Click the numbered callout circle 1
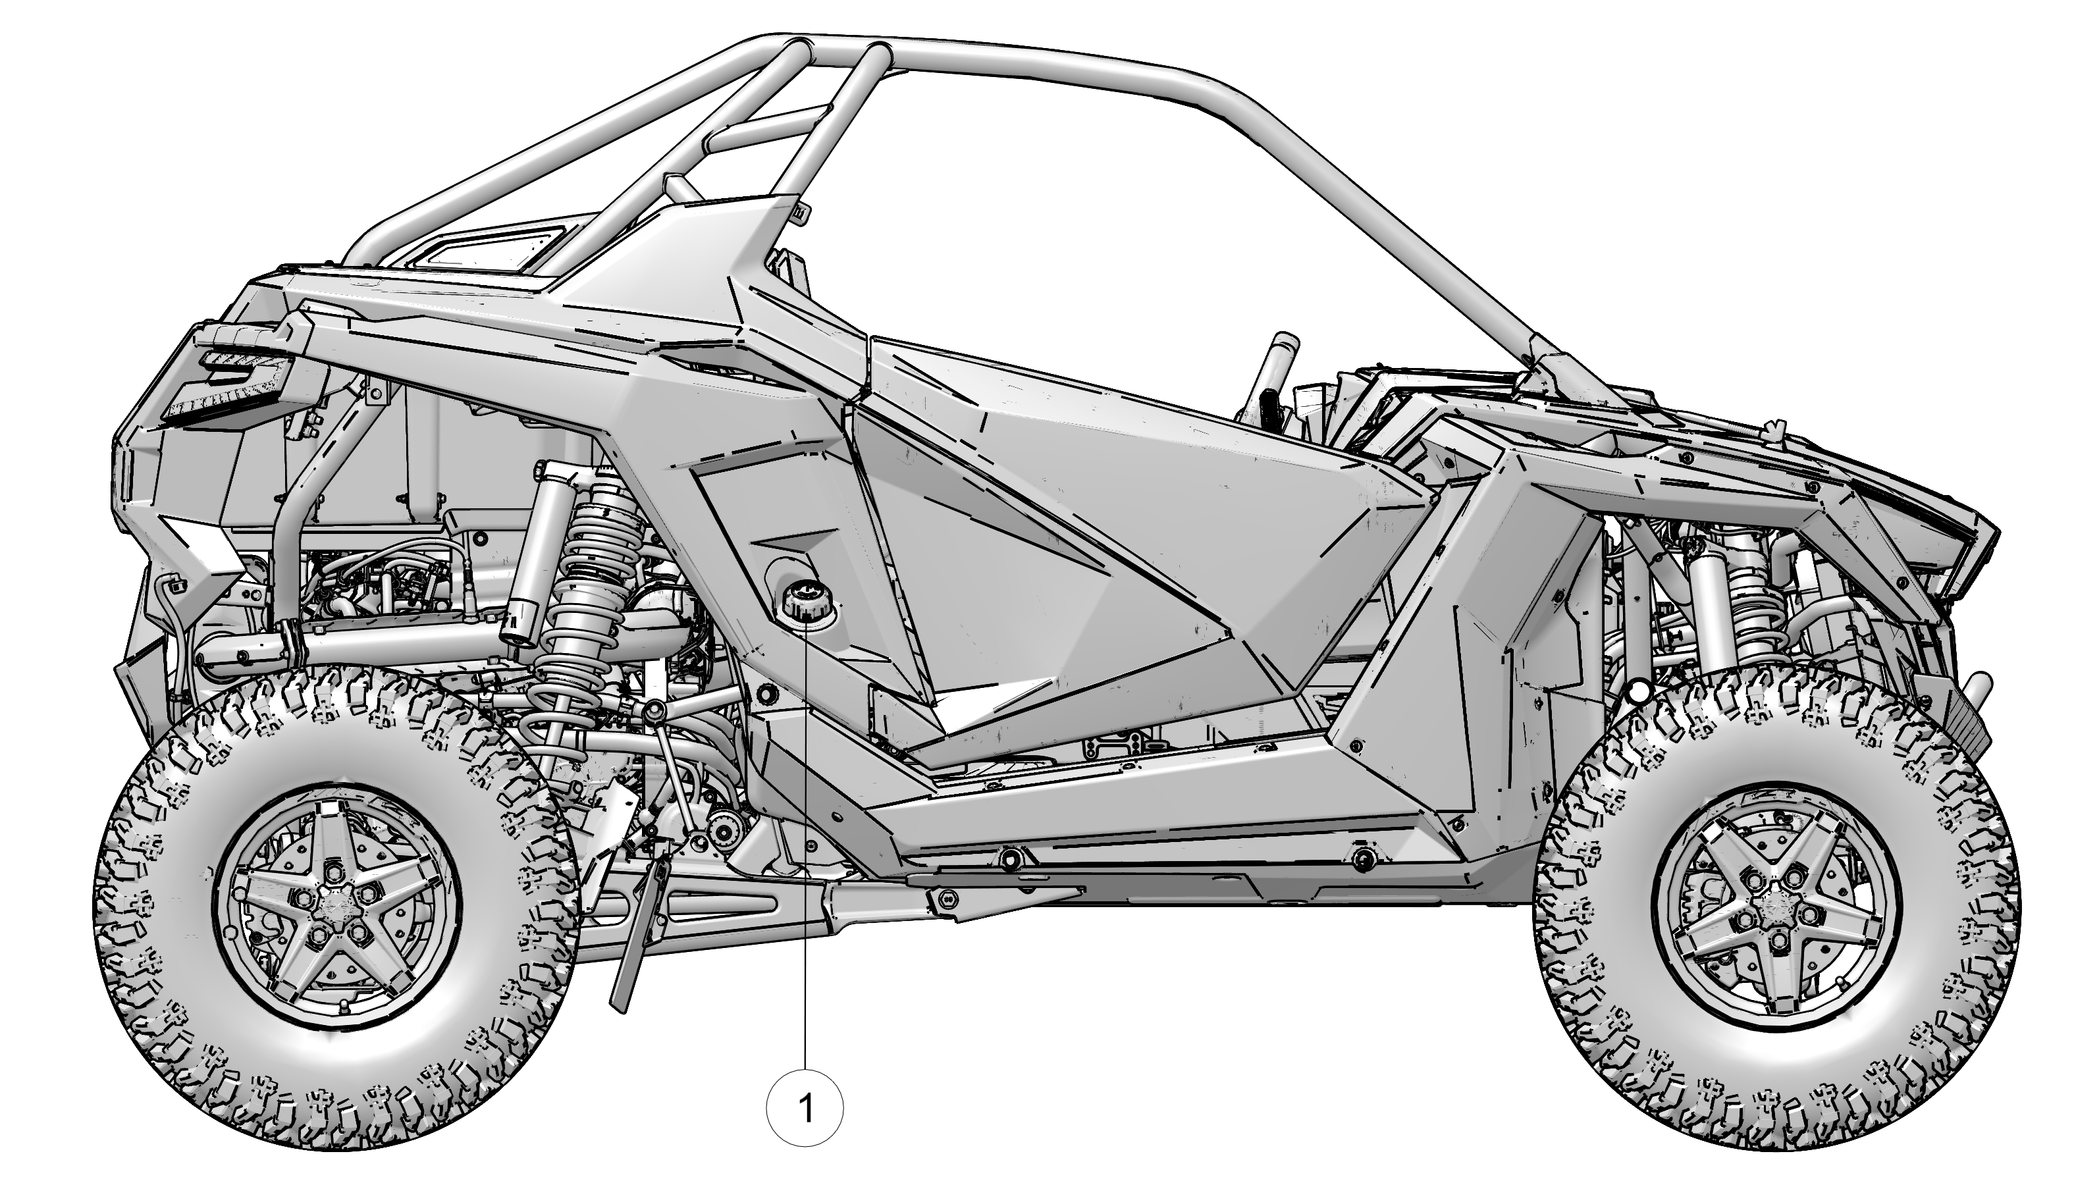805,1109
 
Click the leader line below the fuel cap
806,855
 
